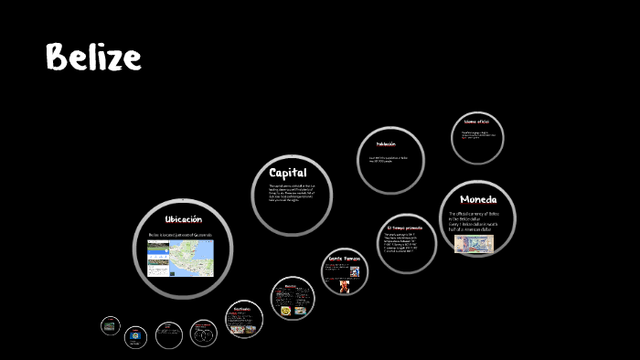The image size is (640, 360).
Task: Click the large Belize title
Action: (93, 58)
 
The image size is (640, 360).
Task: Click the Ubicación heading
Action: (183, 219)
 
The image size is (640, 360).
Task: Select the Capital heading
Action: (288, 173)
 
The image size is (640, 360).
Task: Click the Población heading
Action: (386, 144)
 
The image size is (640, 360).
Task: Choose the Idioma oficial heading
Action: (476, 122)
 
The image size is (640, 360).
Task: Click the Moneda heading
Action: (479, 199)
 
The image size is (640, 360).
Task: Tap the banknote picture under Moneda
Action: (474, 243)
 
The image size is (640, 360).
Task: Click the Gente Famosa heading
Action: (346, 259)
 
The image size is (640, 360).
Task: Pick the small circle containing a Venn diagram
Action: (203, 334)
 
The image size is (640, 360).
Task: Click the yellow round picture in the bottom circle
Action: (286, 311)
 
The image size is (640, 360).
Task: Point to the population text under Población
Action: (388, 160)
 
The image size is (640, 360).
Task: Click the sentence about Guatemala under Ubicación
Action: (180, 236)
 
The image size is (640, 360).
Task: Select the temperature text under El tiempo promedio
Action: (405, 242)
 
